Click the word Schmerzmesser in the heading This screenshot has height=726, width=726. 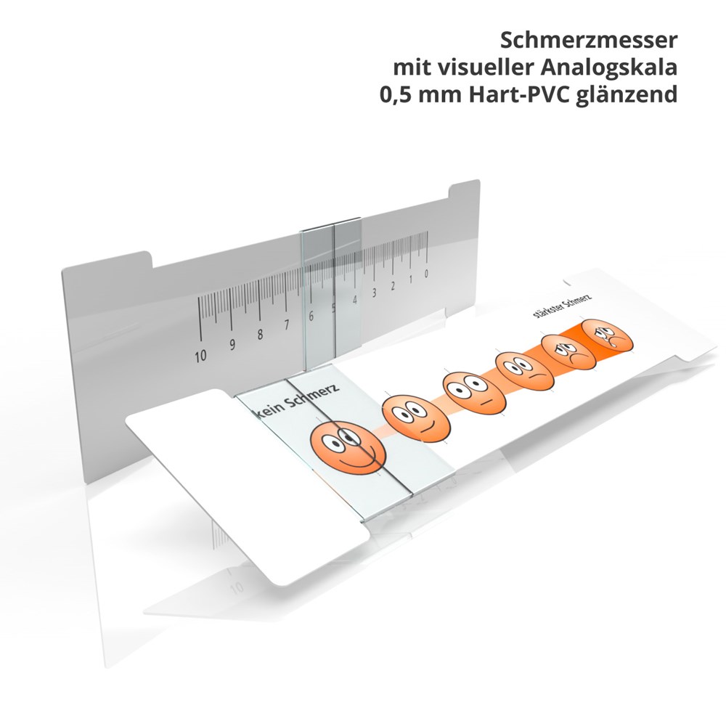(589, 40)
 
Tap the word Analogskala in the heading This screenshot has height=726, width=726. (608, 68)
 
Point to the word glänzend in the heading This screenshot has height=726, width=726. (627, 95)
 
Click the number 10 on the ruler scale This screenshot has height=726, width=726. (200, 356)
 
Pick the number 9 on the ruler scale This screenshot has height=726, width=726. (232, 345)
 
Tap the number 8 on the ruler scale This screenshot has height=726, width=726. (260, 334)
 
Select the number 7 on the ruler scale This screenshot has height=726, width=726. (287, 325)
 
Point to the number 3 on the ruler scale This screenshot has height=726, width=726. (374, 293)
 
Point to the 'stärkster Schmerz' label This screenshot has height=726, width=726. (562, 306)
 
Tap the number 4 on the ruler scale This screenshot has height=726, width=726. (355, 300)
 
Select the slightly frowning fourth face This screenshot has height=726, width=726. (525, 372)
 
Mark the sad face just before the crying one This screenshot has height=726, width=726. (568, 352)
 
